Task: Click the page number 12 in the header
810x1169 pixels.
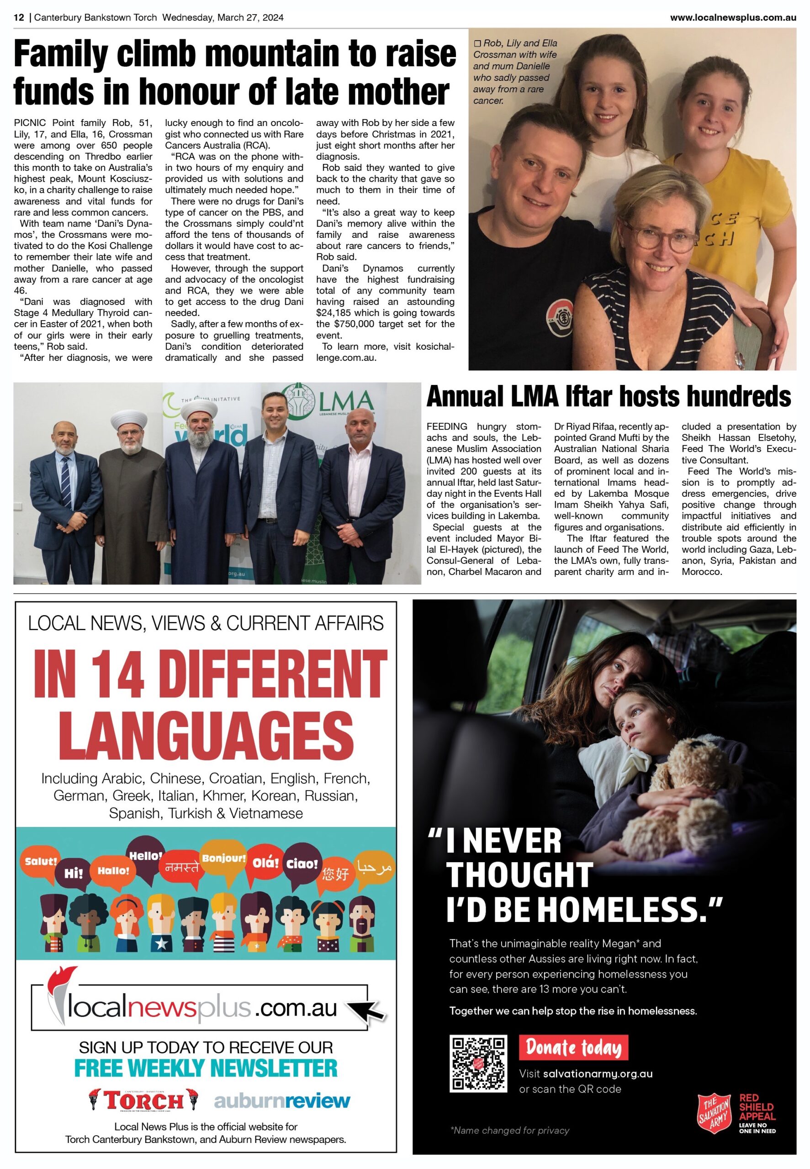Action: pyautogui.click(x=19, y=18)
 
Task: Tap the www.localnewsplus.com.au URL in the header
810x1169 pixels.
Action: pyautogui.click(x=732, y=18)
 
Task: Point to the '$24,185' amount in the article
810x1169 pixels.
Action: pyautogui.click(x=337, y=313)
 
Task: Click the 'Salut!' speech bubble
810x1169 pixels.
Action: pyautogui.click(x=41, y=861)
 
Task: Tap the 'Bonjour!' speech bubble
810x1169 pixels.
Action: pyautogui.click(x=223, y=858)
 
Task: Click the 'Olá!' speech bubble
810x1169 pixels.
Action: pyautogui.click(x=265, y=863)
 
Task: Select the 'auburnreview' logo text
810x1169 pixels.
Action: pyautogui.click(x=282, y=1101)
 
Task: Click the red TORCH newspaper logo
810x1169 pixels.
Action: pyautogui.click(x=143, y=1101)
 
